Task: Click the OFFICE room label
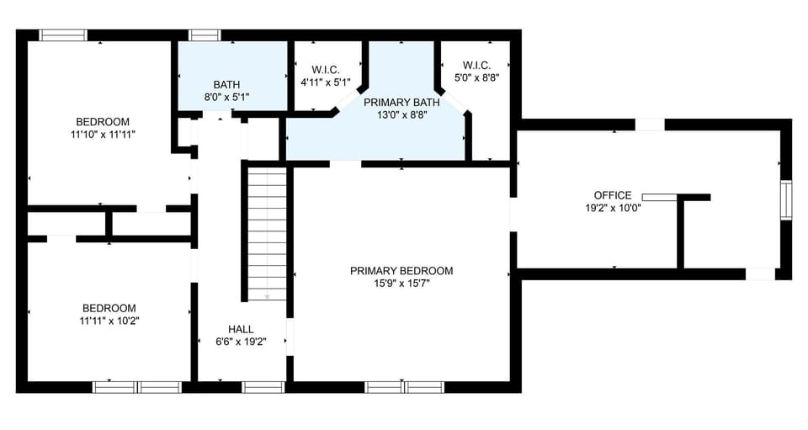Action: (612, 195)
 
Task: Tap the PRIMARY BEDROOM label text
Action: (401, 271)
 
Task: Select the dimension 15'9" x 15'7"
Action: (401, 284)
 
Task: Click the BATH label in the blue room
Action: (226, 84)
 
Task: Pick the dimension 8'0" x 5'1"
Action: (226, 97)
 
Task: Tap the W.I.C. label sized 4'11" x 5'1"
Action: (325, 70)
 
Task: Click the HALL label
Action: (241, 329)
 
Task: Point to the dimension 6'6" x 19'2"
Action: (241, 342)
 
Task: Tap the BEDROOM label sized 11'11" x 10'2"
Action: (108, 308)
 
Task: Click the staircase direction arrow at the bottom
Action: (267, 295)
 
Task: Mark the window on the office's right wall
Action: (785, 200)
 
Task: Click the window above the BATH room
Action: (205, 35)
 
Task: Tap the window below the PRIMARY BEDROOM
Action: (404, 387)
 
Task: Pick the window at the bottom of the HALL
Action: (263, 387)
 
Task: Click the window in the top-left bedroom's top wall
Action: (63, 35)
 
